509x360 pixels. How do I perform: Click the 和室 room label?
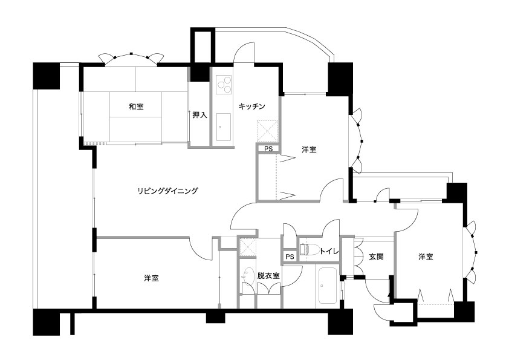pos(137,106)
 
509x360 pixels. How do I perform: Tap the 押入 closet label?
pos(199,115)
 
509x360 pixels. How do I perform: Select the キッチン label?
pos(252,106)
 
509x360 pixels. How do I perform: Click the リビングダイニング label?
pos(167,191)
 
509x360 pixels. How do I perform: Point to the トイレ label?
pos(329,251)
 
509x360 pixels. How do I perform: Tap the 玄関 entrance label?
pos(376,257)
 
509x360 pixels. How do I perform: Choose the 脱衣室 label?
pos(268,276)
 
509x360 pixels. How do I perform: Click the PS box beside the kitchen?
pos(268,149)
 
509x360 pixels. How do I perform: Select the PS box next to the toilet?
pos(290,257)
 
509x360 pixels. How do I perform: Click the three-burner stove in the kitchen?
pos(224,85)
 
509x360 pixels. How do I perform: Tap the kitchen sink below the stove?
pos(223,127)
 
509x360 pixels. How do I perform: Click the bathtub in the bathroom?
pos(328,286)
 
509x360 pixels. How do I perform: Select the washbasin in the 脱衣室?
pos(248,275)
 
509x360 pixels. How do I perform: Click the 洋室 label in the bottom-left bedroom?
pos(151,278)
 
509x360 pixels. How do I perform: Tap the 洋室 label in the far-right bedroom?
pos(426,257)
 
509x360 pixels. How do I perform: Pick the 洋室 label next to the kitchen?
pos(309,149)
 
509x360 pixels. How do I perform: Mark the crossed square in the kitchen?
pos(267,131)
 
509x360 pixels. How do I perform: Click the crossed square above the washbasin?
pos(248,247)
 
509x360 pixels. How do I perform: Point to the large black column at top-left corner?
pos(47,76)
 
